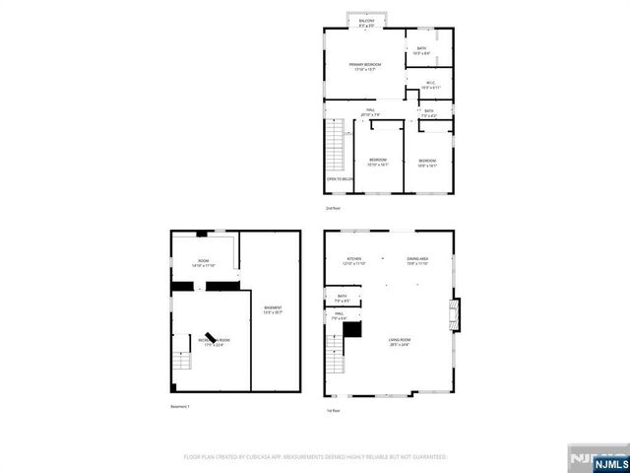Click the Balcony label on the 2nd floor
(x=366, y=22)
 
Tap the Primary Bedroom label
(x=364, y=66)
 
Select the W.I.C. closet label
(x=430, y=85)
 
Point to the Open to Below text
(x=340, y=178)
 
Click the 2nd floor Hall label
(x=370, y=111)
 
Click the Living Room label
(x=399, y=341)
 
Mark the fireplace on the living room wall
(x=454, y=314)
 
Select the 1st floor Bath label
(x=343, y=298)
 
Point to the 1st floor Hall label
(x=338, y=317)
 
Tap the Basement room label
(x=273, y=310)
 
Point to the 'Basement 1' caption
(x=180, y=407)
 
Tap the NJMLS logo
(x=595, y=459)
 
